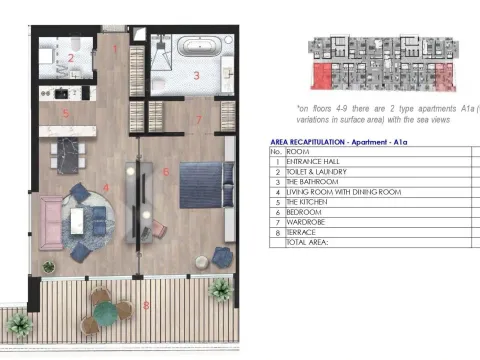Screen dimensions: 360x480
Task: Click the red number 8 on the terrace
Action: coord(146,304)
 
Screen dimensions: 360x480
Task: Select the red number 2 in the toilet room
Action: coord(70,58)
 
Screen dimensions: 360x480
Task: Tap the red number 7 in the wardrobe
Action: coord(199,120)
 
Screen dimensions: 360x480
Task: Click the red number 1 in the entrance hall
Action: coord(115,47)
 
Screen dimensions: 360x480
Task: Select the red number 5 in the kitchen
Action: coord(65,114)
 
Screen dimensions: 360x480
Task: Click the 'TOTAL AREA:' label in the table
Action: coord(311,241)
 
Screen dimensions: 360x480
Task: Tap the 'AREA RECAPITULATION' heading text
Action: coord(317,142)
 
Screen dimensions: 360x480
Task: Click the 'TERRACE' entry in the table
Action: coord(304,231)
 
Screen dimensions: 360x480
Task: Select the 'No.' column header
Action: coord(277,151)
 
